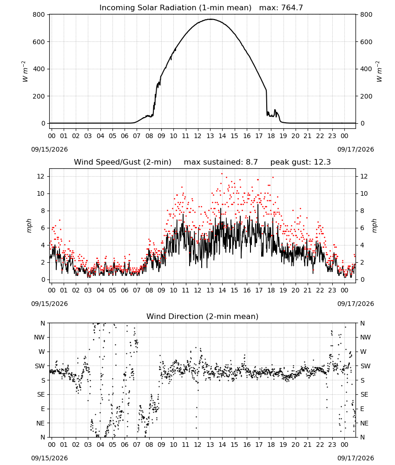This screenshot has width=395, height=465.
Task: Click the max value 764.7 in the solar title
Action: (292, 7)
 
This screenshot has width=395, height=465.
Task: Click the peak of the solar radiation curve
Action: (211, 19)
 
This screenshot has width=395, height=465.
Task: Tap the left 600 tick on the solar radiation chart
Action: (39, 42)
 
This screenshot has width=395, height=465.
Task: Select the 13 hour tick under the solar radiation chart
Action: (210, 136)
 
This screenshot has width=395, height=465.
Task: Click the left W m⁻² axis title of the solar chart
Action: (25, 72)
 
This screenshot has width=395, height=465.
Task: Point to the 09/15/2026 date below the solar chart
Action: (49, 149)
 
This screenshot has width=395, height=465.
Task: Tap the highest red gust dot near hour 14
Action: (222, 174)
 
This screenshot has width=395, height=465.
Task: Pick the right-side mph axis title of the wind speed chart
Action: (374, 226)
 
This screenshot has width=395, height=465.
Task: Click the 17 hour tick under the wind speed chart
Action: (259, 290)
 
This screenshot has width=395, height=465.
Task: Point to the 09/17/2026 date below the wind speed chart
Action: (355, 304)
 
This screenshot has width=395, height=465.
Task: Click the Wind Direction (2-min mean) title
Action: (203, 316)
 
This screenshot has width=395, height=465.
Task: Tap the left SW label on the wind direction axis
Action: (40, 366)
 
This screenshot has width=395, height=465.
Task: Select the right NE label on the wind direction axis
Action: (364, 423)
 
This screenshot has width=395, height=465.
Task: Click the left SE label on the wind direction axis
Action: (41, 394)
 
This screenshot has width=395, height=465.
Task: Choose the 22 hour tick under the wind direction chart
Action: (320, 444)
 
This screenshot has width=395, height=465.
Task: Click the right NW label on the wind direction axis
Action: (365, 337)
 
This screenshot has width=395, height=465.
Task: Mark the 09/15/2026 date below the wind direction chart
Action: (49, 458)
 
